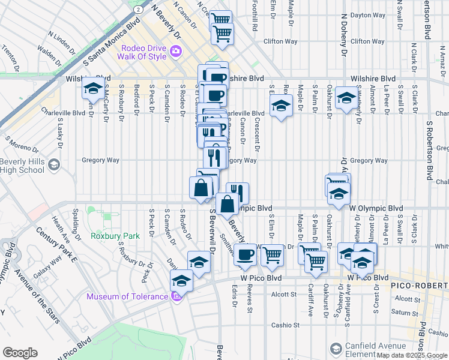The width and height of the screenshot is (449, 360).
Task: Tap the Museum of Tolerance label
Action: tap(127, 296)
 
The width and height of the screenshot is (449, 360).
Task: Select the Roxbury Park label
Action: tap(115, 236)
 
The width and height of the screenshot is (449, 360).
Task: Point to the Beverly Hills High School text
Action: tap(22, 166)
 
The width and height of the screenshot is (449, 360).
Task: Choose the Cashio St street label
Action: tap(285, 325)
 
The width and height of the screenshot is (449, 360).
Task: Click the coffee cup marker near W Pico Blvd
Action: tap(244, 254)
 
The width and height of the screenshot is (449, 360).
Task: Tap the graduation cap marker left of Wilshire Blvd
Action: tap(93, 88)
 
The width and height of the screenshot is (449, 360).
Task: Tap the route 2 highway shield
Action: tap(138, 10)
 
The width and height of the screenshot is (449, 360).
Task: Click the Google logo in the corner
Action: tap(20, 353)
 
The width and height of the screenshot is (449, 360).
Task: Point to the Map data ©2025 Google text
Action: tap(412, 355)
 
